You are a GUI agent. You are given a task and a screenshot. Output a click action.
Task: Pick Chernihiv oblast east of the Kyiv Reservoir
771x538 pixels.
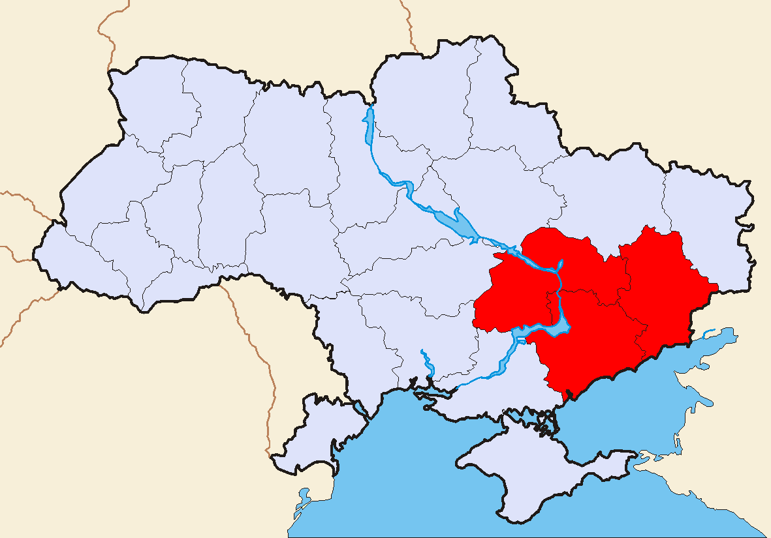418,104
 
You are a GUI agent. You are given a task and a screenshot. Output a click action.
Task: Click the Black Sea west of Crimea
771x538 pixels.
392,476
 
